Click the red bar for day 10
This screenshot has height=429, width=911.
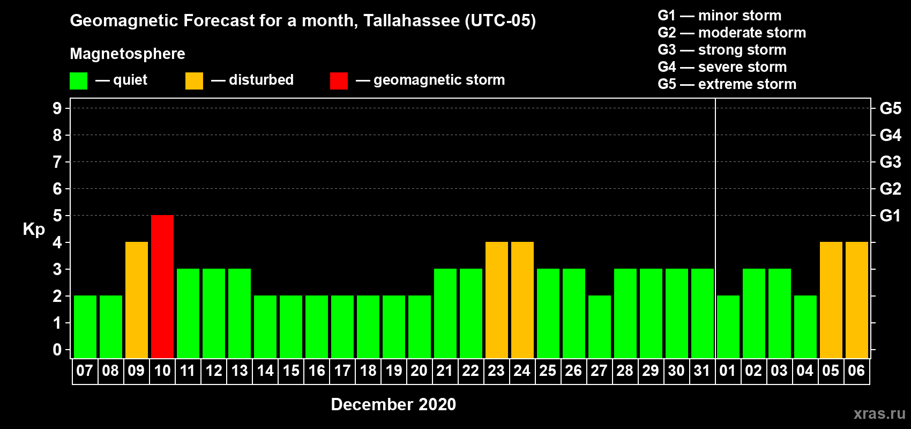[162, 286]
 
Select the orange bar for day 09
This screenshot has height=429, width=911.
[137, 300]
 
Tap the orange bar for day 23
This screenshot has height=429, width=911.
[497, 300]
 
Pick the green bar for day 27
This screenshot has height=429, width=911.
[600, 327]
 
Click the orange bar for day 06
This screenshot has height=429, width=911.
[857, 300]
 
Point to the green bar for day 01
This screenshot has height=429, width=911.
[728, 327]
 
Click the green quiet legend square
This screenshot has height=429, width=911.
[78, 80]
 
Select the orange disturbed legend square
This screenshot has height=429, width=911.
[194, 80]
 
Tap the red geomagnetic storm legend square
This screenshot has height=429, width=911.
[339, 80]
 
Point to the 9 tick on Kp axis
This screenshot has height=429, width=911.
[57, 108]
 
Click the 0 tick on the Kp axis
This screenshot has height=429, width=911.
[57, 350]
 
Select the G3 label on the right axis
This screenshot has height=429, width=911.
[891, 162]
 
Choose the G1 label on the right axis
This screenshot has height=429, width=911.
[891, 216]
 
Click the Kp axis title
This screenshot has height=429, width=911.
[34, 230]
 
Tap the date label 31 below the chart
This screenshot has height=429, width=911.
[702, 371]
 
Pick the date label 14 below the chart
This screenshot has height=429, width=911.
[265, 371]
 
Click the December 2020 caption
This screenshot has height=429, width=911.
[393, 404]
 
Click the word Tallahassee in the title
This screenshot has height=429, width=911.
[411, 20]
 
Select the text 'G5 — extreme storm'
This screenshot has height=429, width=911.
[727, 84]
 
